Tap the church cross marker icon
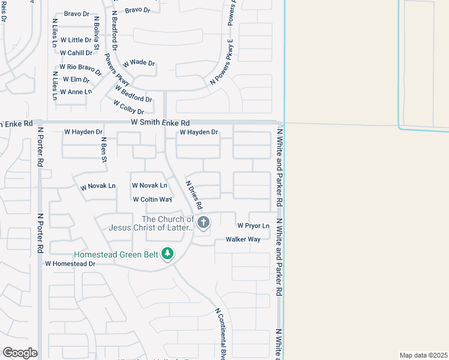203,223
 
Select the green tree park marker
167,254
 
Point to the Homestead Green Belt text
116,254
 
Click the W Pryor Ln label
253,226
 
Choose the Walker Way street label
243,239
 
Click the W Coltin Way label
152,199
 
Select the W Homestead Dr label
70,263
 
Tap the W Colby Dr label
129,107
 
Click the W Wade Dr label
139,63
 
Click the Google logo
20,352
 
